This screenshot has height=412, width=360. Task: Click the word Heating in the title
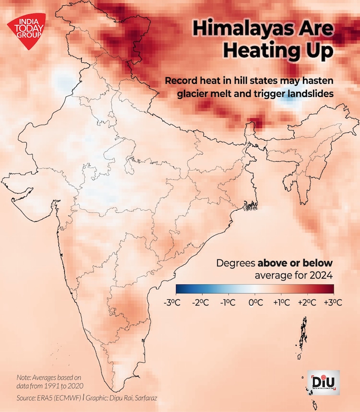click(x=276, y=51)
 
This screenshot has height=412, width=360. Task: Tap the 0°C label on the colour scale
click(x=255, y=303)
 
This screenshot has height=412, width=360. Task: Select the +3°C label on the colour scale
click(x=333, y=303)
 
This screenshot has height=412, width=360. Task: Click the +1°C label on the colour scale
click(x=281, y=303)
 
